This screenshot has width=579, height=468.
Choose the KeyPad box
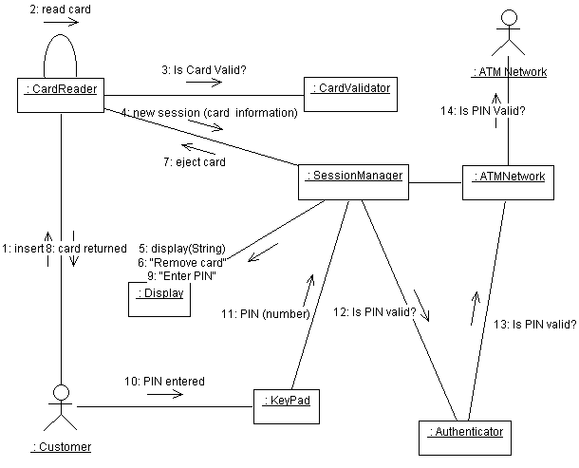[283, 406]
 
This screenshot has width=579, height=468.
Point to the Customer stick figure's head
[62, 391]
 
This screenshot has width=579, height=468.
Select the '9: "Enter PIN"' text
[180, 276]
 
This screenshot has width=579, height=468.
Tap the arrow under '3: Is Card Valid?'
[203, 82]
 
